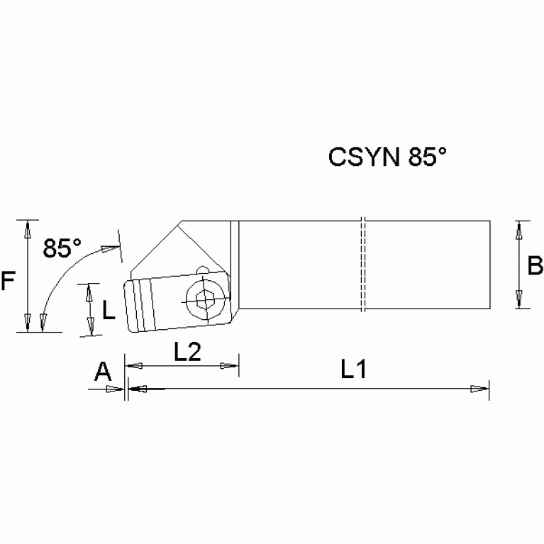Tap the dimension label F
pyautogui.click(x=8, y=282)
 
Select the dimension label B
pyautogui.click(x=535, y=266)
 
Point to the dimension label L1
pyautogui.click(x=353, y=369)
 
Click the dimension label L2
pyautogui.click(x=185, y=352)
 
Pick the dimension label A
pyautogui.click(x=104, y=370)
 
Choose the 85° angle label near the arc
pyautogui.click(x=62, y=248)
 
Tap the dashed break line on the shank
pyautogui.click(x=362, y=264)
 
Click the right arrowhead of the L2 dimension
pyautogui.click(x=230, y=365)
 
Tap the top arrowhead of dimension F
pyautogui.click(x=27, y=228)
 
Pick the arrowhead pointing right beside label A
pyautogui.click(x=116, y=388)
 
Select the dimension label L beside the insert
pyautogui.click(x=109, y=309)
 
